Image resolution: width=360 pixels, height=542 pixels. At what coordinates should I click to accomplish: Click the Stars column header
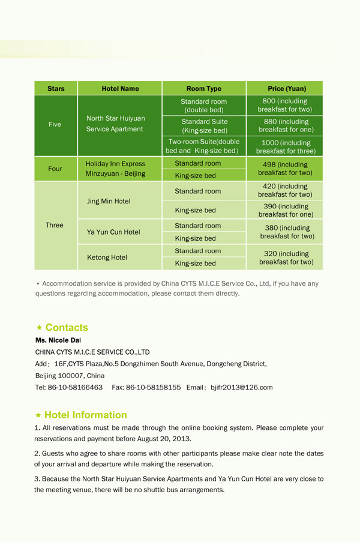click(x=56, y=89)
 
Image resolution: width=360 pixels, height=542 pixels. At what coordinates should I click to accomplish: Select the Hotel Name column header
click(x=120, y=89)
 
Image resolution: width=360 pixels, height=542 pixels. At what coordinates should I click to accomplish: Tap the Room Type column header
click(x=203, y=89)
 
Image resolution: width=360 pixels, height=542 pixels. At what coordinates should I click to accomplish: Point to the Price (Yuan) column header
click(x=285, y=89)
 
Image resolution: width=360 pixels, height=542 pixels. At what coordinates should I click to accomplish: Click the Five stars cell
click(x=55, y=124)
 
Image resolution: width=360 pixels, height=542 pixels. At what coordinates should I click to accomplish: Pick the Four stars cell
click(x=55, y=169)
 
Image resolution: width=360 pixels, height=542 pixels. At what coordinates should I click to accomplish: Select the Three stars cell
click(x=55, y=225)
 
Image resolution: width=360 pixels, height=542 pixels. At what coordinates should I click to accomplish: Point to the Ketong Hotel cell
click(x=107, y=257)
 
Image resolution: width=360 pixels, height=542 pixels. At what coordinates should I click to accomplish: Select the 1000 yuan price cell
click(x=286, y=146)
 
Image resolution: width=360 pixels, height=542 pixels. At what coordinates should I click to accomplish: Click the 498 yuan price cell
click(x=286, y=169)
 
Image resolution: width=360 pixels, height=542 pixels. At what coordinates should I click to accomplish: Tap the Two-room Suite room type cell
click(x=203, y=146)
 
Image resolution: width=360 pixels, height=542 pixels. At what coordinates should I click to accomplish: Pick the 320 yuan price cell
click(x=286, y=257)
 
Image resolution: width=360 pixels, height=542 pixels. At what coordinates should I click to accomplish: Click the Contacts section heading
click(x=66, y=328)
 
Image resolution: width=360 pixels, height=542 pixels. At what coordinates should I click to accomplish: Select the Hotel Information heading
click(x=85, y=415)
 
